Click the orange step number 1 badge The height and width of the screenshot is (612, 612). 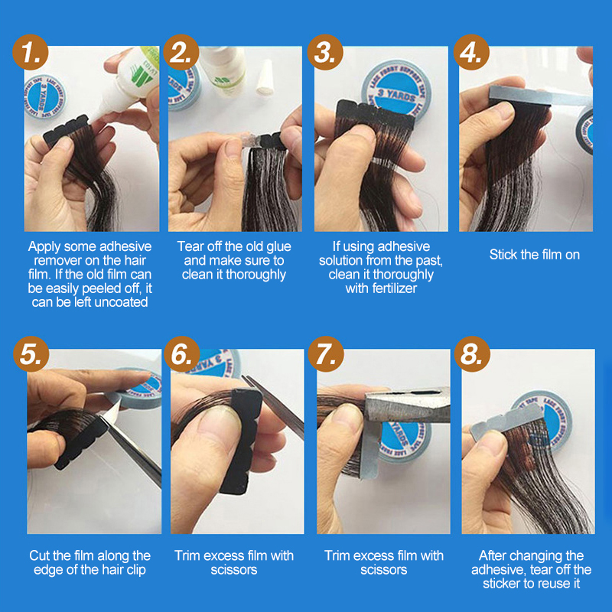pos(31,52)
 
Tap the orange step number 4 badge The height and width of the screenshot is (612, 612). pos(471,52)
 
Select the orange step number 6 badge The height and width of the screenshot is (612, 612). pos(182,354)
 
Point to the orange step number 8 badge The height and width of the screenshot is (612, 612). pos(472,354)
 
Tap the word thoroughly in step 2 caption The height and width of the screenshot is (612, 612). pos(256,275)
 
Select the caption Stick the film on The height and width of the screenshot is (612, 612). pos(534,255)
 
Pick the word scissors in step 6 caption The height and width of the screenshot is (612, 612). pos(234,570)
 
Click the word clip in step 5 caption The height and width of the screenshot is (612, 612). pos(136,570)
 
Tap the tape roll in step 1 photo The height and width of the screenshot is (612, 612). pos(44,98)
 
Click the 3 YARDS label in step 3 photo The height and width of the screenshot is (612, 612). pos(396,93)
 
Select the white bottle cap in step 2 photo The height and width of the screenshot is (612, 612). pos(265,77)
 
